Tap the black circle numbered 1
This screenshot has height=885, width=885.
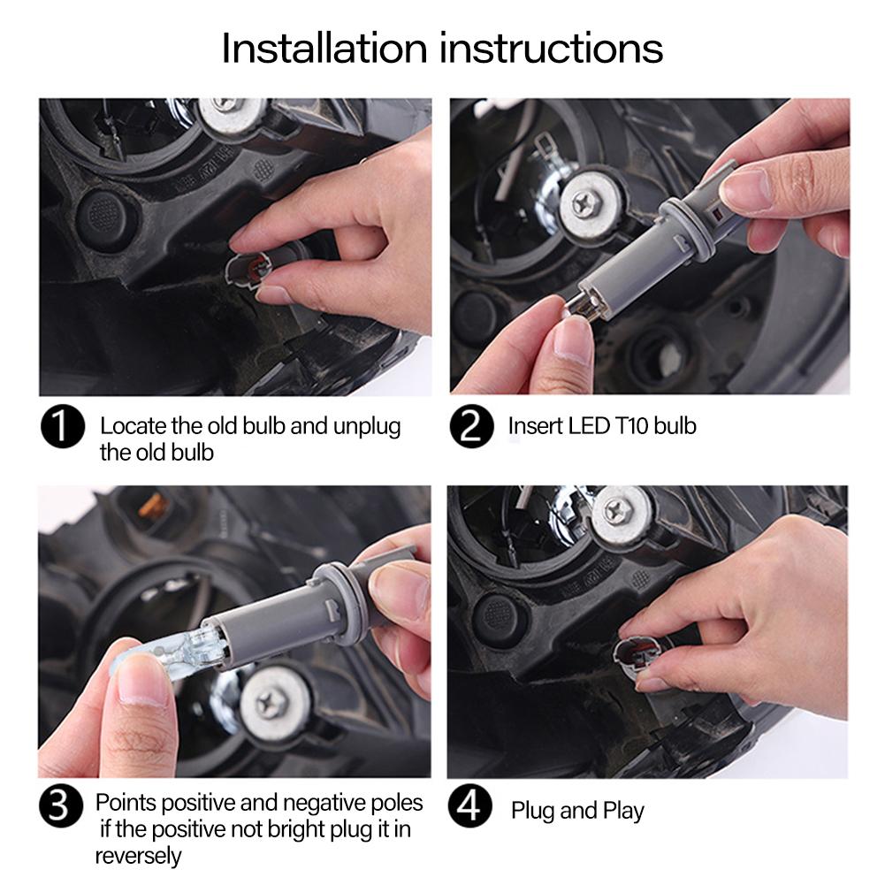(x=63, y=427)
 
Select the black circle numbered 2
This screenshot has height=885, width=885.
(x=472, y=427)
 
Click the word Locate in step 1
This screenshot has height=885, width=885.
(x=133, y=426)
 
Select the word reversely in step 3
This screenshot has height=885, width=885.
(x=138, y=856)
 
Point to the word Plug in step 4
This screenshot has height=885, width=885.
(x=533, y=811)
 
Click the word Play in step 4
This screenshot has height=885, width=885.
(x=623, y=811)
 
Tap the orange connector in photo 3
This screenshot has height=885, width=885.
(x=150, y=505)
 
